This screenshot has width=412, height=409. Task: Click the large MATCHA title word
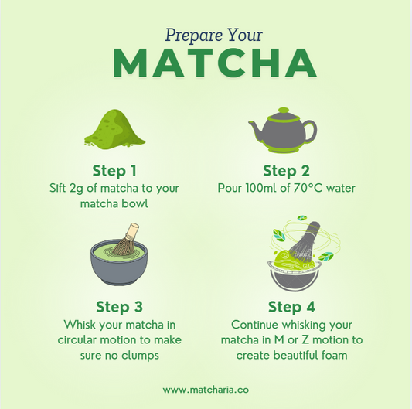pos(215,63)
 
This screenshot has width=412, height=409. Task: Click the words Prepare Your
pos(214,35)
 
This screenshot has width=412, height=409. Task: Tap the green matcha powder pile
pos(115,128)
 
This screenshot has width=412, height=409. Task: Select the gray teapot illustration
pos(283,130)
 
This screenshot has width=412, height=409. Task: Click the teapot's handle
pos(311,131)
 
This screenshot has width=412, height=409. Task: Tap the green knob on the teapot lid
pos(284,110)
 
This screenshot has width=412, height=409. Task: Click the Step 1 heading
pos(114,171)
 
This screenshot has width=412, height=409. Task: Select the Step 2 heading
pos(287,171)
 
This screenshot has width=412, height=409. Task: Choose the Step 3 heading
pos(119,307)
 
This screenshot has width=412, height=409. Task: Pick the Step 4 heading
pos(291,307)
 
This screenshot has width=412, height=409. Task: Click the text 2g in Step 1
pos(77,189)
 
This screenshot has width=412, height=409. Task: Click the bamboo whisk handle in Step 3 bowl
pos(131,231)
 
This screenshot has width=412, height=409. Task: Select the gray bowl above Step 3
pos(119,262)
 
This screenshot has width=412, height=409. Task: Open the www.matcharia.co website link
pos(206,390)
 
